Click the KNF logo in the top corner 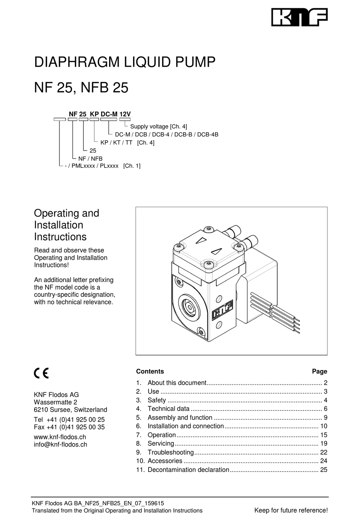point(299,17)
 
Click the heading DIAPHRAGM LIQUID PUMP point(125,62)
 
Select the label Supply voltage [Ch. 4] point(158,127)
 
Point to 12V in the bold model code point(125,114)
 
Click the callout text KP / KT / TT point(116,143)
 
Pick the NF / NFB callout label point(90,158)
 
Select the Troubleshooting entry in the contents point(171,452)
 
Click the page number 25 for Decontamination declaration point(323,470)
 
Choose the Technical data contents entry point(168,409)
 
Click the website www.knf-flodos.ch point(60,437)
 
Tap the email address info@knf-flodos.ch point(61,445)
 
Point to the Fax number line point(69,427)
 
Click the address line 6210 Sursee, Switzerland point(70,410)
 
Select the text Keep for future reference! point(291,510)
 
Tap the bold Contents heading point(150,372)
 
